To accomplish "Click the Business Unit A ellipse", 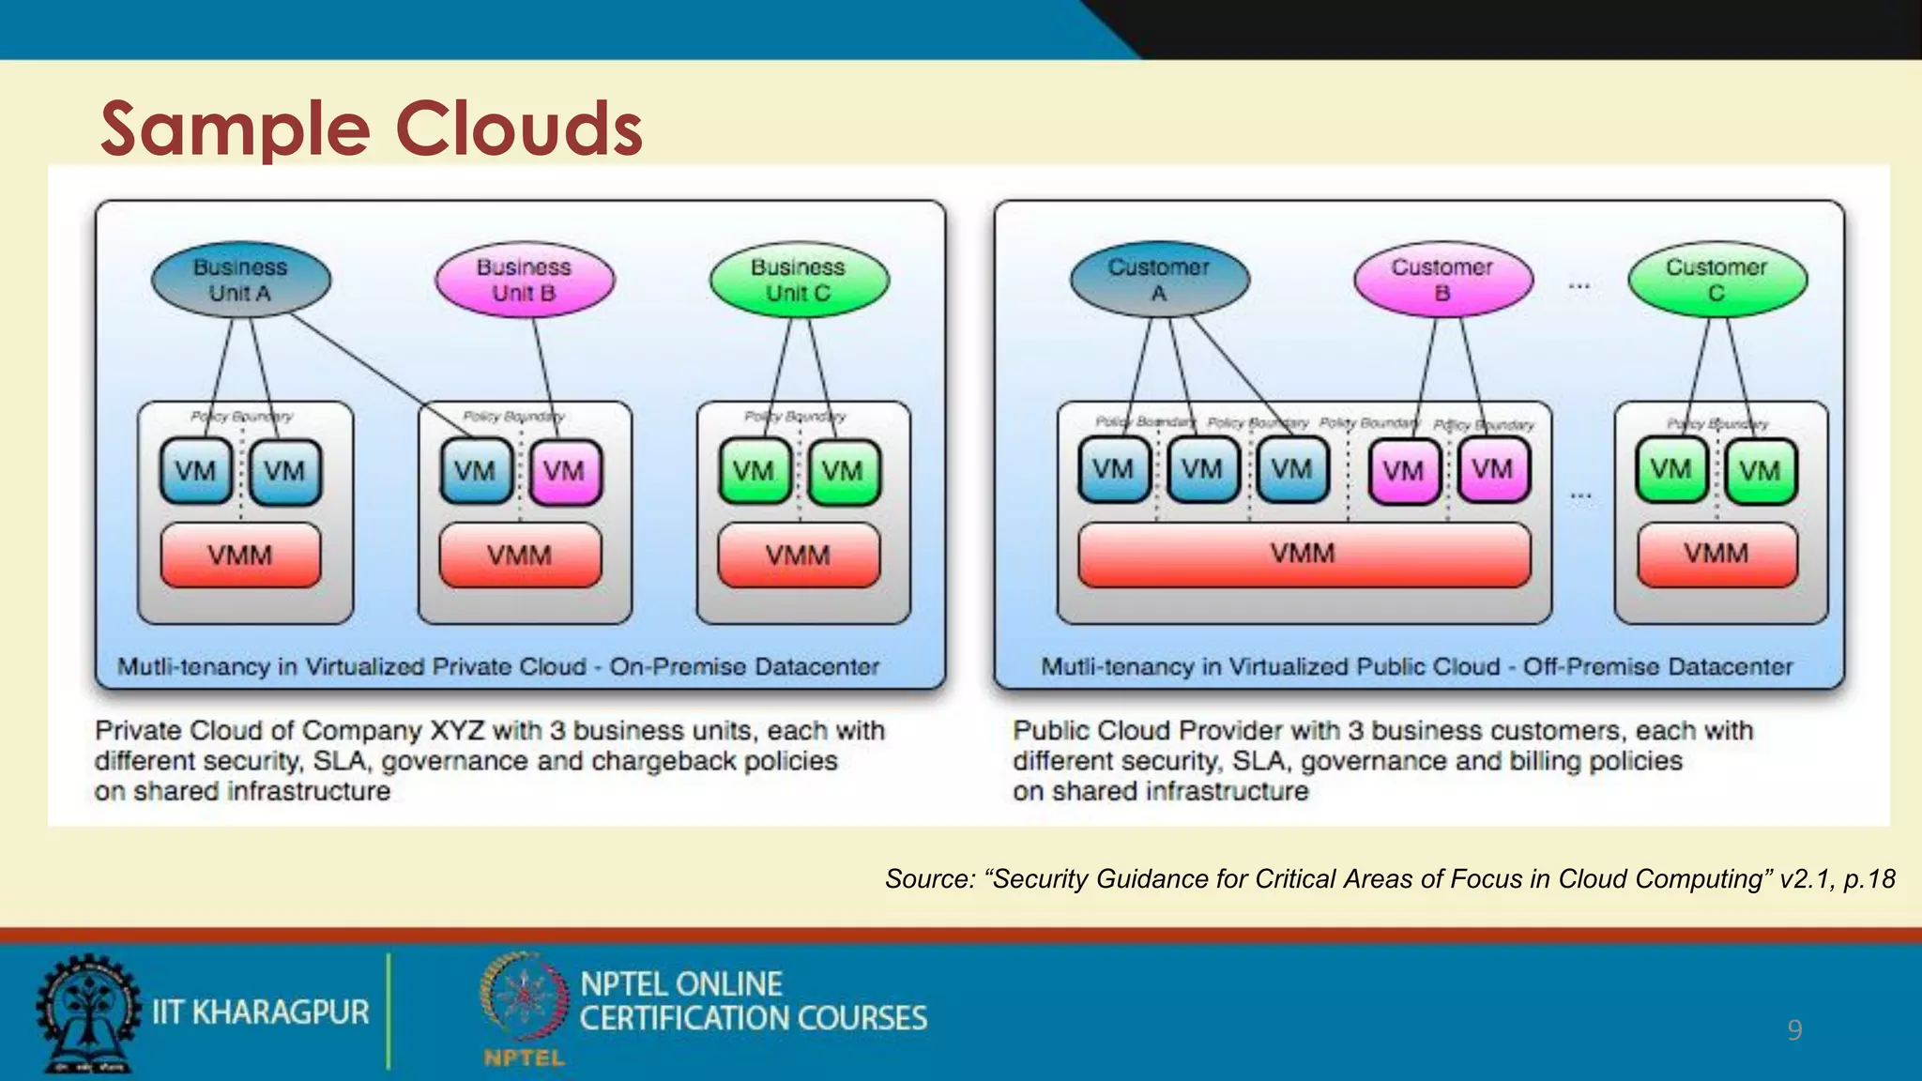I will (240, 280).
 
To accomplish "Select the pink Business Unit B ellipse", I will (524, 280).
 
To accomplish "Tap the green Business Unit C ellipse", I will (798, 280).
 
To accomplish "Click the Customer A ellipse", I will (1159, 280).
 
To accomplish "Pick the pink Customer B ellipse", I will (1442, 280).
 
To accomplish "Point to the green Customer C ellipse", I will (1716, 280).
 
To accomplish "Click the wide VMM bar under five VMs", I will (1303, 554).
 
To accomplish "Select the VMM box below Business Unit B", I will (519, 556).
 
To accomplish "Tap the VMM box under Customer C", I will (1716, 554).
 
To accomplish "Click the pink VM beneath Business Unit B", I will (564, 471).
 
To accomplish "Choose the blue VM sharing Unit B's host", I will (476, 471).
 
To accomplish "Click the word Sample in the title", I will (235, 129).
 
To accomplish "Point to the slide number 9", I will (1794, 1030).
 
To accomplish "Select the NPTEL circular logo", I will (524, 999).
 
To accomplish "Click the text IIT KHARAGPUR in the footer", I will (260, 1012).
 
